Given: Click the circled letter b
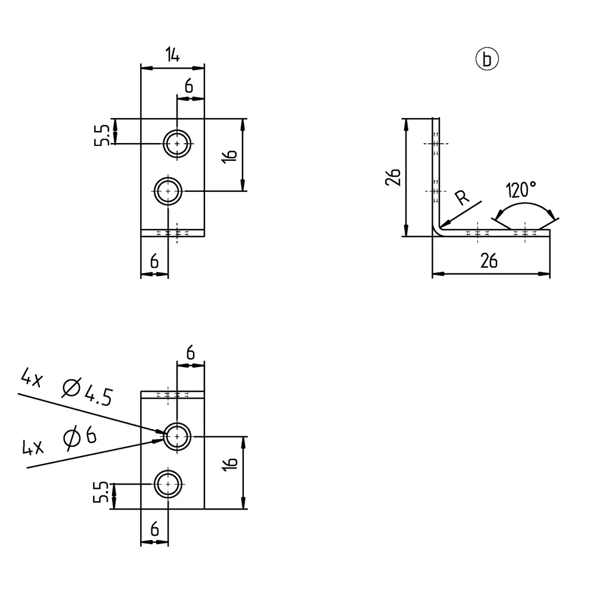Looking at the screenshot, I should pyautogui.click(x=487, y=60).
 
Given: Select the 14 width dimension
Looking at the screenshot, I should pyautogui.click(x=172, y=55).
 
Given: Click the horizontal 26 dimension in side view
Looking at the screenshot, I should pyautogui.click(x=489, y=261).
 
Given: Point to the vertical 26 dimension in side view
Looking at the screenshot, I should pyautogui.click(x=392, y=177).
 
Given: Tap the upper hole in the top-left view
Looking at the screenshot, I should pyautogui.click(x=178, y=143).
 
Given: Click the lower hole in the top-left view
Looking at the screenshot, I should pyautogui.click(x=168, y=191).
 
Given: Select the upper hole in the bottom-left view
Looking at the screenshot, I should pyautogui.click(x=178, y=437).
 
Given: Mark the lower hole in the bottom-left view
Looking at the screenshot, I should pyautogui.click(x=168, y=483).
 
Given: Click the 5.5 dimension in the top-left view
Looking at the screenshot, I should pyautogui.click(x=102, y=135).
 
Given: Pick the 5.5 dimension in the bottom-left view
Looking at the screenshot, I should pyautogui.click(x=102, y=493).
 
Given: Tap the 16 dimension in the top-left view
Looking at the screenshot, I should pyautogui.click(x=232, y=155).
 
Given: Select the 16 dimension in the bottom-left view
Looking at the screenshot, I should pyautogui.click(x=232, y=461).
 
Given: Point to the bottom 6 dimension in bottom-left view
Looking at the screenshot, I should pyautogui.click(x=154, y=529).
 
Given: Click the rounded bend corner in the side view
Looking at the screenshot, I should pyautogui.click(x=437, y=231).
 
